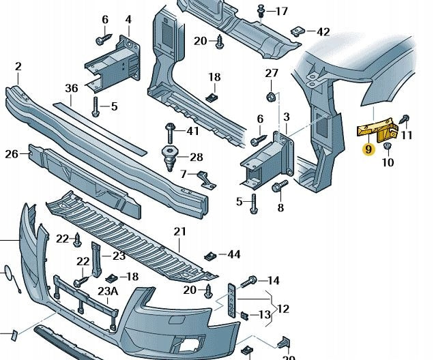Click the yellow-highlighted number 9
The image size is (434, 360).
(368, 149)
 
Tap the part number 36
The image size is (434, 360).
(72, 88)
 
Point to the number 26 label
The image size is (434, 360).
(11, 154)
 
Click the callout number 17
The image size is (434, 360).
(282, 12)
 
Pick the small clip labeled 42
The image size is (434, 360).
(297, 31)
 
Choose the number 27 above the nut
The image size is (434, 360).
(272, 73)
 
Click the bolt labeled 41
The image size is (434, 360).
(170, 130)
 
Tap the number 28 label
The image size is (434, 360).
(197, 157)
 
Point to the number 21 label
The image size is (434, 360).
(179, 232)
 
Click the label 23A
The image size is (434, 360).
(107, 290)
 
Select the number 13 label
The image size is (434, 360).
(265, 315)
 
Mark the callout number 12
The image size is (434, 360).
(283, 309)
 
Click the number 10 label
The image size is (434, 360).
(388, 164)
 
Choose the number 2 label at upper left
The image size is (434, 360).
(18, 66)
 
